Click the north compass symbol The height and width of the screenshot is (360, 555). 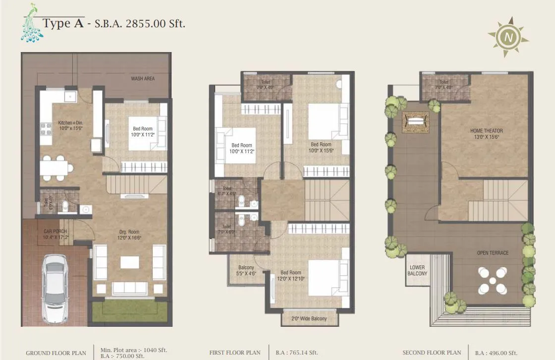(x=507, y=37)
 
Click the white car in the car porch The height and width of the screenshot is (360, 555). (x=56, y=288)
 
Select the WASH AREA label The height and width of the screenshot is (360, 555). (x=143, y=79)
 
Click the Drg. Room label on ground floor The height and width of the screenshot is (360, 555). (x=129, y=235)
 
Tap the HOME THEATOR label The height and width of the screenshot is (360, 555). (x=486, y=134)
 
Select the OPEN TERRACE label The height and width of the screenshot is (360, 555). (x=493, y=253)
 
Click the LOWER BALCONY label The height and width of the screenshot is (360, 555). (x=417, y=271)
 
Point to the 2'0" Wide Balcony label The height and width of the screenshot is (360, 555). (x=309, y=318)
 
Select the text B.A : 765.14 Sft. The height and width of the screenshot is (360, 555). (x=297, y=353)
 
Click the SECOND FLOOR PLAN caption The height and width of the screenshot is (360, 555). (x=431, y=353)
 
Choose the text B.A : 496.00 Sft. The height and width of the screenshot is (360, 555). (x=496, y=353)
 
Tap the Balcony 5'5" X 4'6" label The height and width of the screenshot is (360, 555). (x=246, y=270)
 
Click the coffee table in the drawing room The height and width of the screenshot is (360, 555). (x=130, y=262)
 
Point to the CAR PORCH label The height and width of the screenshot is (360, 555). (x=55, y=234)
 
